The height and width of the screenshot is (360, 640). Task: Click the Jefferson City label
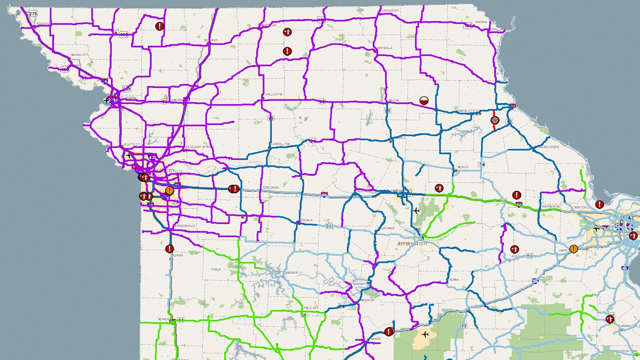pos(412,243)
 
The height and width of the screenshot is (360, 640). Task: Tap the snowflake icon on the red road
pos(495,120)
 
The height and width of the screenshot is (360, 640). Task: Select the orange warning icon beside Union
pos(573,248)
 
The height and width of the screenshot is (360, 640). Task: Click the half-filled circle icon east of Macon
pos(424,100)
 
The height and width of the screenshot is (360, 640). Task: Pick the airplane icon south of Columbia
pos(416,210)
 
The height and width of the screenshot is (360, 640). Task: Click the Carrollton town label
pos(280,144)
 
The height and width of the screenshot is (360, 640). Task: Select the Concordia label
pos(270,188)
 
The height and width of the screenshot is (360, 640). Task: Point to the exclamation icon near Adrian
pos(169,248)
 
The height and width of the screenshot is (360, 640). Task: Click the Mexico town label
pos(462,167)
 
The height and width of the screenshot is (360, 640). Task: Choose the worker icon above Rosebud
pos(514,248)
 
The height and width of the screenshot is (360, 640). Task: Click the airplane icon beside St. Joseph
pos(107,100)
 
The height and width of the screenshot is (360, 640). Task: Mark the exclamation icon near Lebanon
pos(389,331)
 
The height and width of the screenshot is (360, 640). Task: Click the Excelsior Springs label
pos(200,147)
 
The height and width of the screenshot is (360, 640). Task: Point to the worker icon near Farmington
pos(609,319)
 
